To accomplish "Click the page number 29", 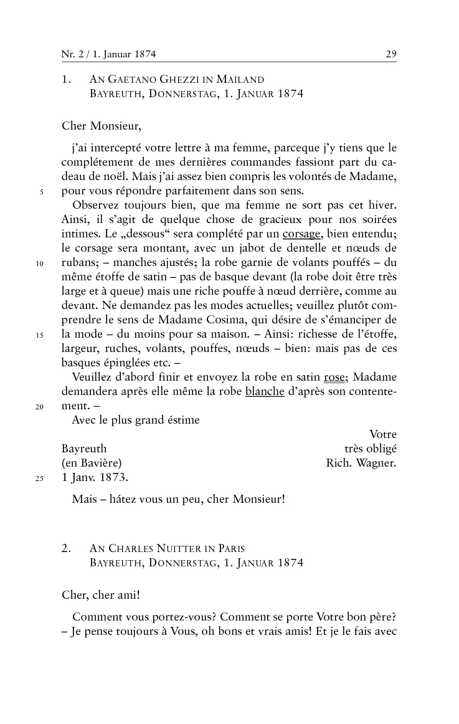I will tap(391, 54).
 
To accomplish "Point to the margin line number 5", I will tap(42, 192).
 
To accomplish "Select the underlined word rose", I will tap(334, 378).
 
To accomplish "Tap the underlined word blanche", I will tap(265, 392).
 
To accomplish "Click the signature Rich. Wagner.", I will tap(361, 463).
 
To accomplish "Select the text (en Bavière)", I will tap(91, 463).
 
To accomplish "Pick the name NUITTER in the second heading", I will tap(164, 549).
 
